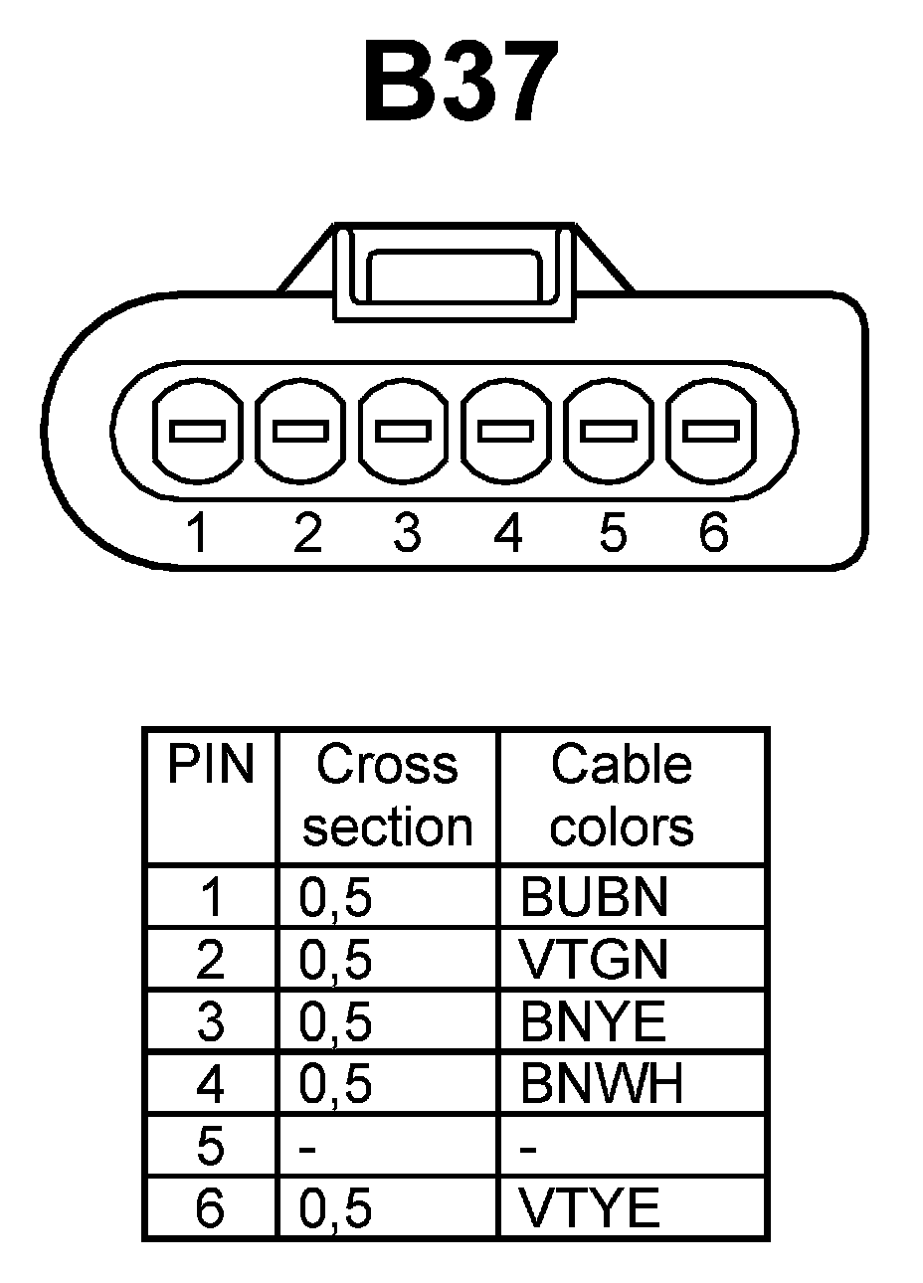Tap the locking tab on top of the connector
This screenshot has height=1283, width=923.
click(x=456, y=272)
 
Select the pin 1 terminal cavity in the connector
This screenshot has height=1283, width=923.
click(x=199, y=432)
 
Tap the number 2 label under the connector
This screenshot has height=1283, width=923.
click(x=307, y=533)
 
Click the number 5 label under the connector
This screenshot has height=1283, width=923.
click(x=613, y=533)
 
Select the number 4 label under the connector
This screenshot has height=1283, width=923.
click(x=507, y=533)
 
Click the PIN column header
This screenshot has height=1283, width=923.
click(x=211, y=766)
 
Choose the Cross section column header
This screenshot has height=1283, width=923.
click(x=388, y=796)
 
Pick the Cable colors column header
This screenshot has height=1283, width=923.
click(x=622, y=796)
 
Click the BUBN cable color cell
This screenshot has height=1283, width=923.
click(x=594, y=898)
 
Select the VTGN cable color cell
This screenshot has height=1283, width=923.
click(x=594, y=960)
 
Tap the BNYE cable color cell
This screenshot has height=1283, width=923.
click(x=592, y=1022)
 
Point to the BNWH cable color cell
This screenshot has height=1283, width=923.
click(x=602, y=1084)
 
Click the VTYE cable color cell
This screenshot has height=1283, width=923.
click(x=590, y=1208)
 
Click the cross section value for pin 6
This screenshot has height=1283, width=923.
click(x=335, y=1208)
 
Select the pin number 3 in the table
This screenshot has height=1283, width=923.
click(x=211, y=1022)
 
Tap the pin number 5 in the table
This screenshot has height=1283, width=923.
click(x=211, y=1147)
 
